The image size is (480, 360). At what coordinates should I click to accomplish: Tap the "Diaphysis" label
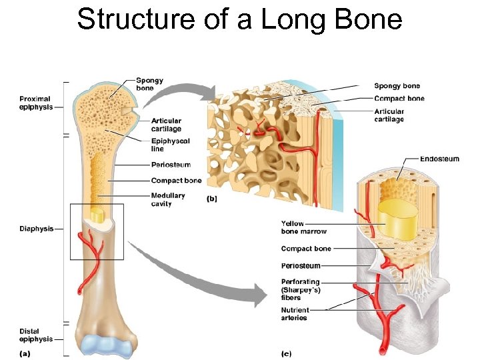coord(35,229)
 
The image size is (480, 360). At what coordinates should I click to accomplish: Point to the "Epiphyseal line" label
coord(170,145)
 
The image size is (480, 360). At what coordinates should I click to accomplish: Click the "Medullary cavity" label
coord(167,199)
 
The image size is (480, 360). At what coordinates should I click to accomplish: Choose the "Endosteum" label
coord(439,159)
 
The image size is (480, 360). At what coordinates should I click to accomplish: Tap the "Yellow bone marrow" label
coord(303,227)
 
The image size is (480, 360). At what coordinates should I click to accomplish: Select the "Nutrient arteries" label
coord(295,314)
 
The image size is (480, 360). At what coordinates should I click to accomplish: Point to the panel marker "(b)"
coord(212,198)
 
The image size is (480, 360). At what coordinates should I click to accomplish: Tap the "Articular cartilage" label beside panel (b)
coord(389,115)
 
